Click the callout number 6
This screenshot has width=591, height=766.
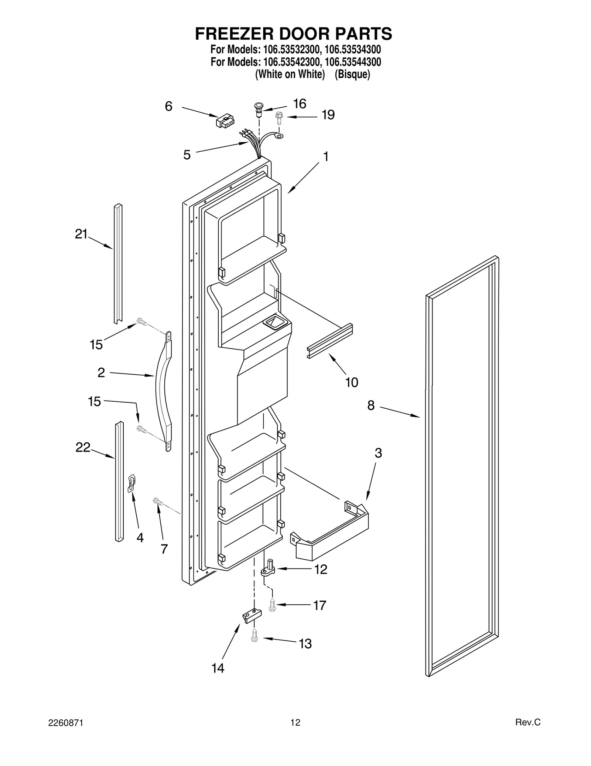[168, 107]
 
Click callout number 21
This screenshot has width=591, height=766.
[81, 234]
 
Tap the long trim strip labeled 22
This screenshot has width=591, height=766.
[119, 481]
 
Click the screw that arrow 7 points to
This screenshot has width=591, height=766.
[158, 502]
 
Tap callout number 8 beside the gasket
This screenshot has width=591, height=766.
[371, 406]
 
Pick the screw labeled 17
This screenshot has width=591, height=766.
[272, 605]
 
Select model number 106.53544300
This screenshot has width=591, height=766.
[353, 61]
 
